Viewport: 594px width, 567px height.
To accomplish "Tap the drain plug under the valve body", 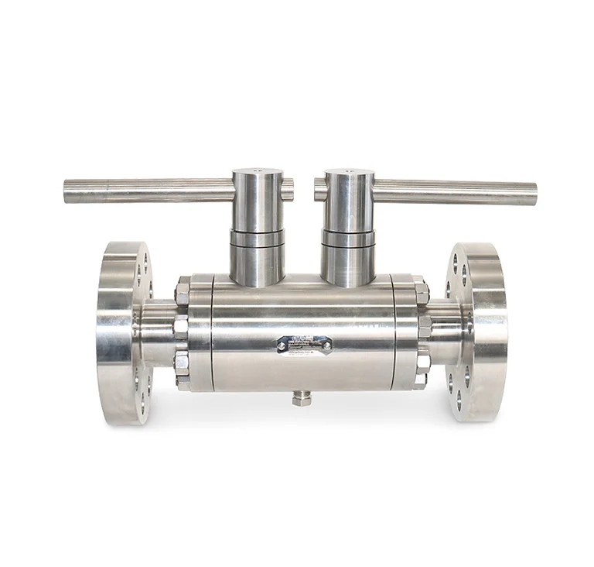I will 302,398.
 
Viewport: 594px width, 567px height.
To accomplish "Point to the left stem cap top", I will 258,173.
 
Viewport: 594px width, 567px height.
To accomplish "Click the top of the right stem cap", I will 349,174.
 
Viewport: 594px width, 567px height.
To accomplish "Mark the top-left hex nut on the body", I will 182,293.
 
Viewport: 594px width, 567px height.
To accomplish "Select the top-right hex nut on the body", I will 422,293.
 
